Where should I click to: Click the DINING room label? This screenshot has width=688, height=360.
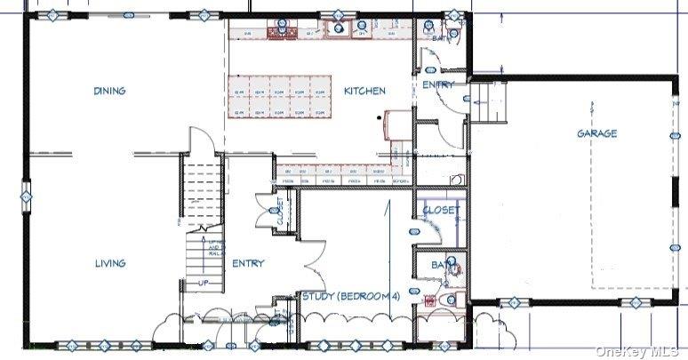pyautogui.click(x=108, y=91)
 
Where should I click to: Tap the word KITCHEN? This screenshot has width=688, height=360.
pyautogui.click(x=364, y=92)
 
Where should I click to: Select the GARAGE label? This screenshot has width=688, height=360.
pyautogui.click(x=596, y=133)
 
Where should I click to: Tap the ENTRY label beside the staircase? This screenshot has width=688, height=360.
pyautogui.click(x=248, y=263)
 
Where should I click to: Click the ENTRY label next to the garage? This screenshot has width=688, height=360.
pyautogui.click(x=437, y=85)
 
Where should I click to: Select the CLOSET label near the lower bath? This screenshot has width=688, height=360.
pyautogui.click(x=441, y=211)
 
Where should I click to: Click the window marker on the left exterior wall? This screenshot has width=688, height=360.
pyautogui.click(x=26, y=195)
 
